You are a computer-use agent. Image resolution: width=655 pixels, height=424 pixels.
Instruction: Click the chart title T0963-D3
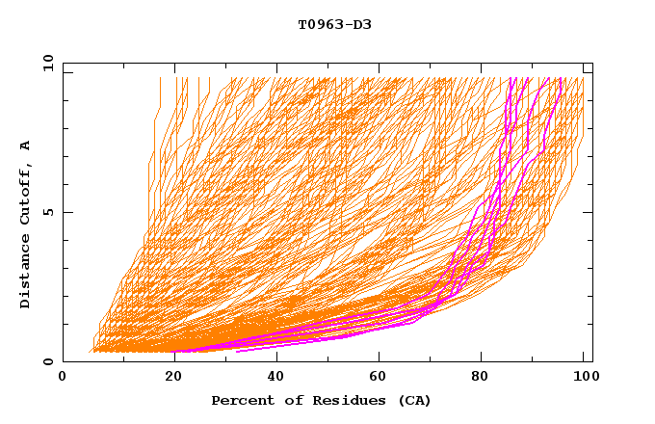(334, 24)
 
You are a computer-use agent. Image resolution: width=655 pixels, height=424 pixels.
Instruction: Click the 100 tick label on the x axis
(584, 379)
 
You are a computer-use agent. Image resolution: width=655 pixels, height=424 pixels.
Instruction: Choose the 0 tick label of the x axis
(63, 379)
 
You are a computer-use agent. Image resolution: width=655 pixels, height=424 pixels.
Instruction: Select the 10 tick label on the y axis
(44, 64)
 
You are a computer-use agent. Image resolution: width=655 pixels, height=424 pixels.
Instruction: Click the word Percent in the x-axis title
(241, 401)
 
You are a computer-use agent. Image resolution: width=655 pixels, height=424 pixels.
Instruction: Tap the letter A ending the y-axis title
(26, 146)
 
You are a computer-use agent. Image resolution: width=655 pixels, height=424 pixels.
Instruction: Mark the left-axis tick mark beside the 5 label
(65, 213)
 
